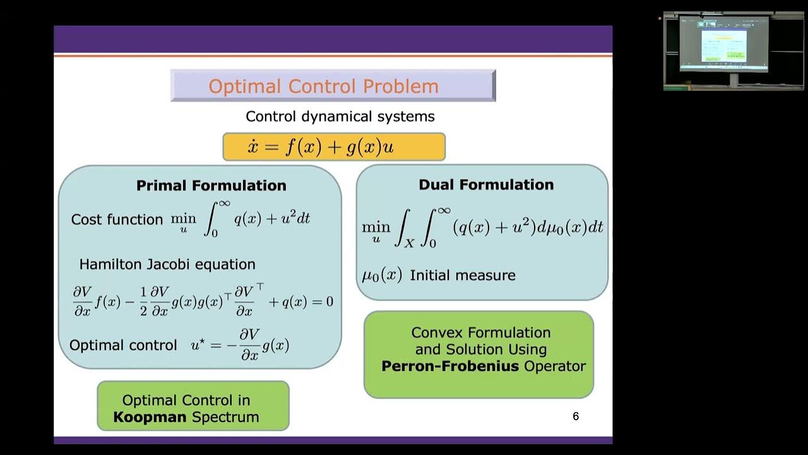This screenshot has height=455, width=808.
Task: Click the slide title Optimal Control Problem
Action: coord(323,86)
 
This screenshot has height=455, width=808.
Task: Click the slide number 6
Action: coord(575,416)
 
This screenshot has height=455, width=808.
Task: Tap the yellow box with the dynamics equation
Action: coord(334,147)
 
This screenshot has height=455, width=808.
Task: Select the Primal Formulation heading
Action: coord(211,185)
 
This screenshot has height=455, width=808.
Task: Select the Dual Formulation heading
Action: coord(486,185)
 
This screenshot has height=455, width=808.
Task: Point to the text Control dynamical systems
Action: coord(340,116)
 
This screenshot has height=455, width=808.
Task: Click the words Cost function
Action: coord(117,219)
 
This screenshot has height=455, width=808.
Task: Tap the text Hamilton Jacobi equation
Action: coord(167,264)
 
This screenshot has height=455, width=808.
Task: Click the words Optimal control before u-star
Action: coord(123,345)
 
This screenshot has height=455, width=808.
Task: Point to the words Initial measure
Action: coord(463,276)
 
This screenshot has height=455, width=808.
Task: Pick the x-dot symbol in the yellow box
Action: coord(253,147)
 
